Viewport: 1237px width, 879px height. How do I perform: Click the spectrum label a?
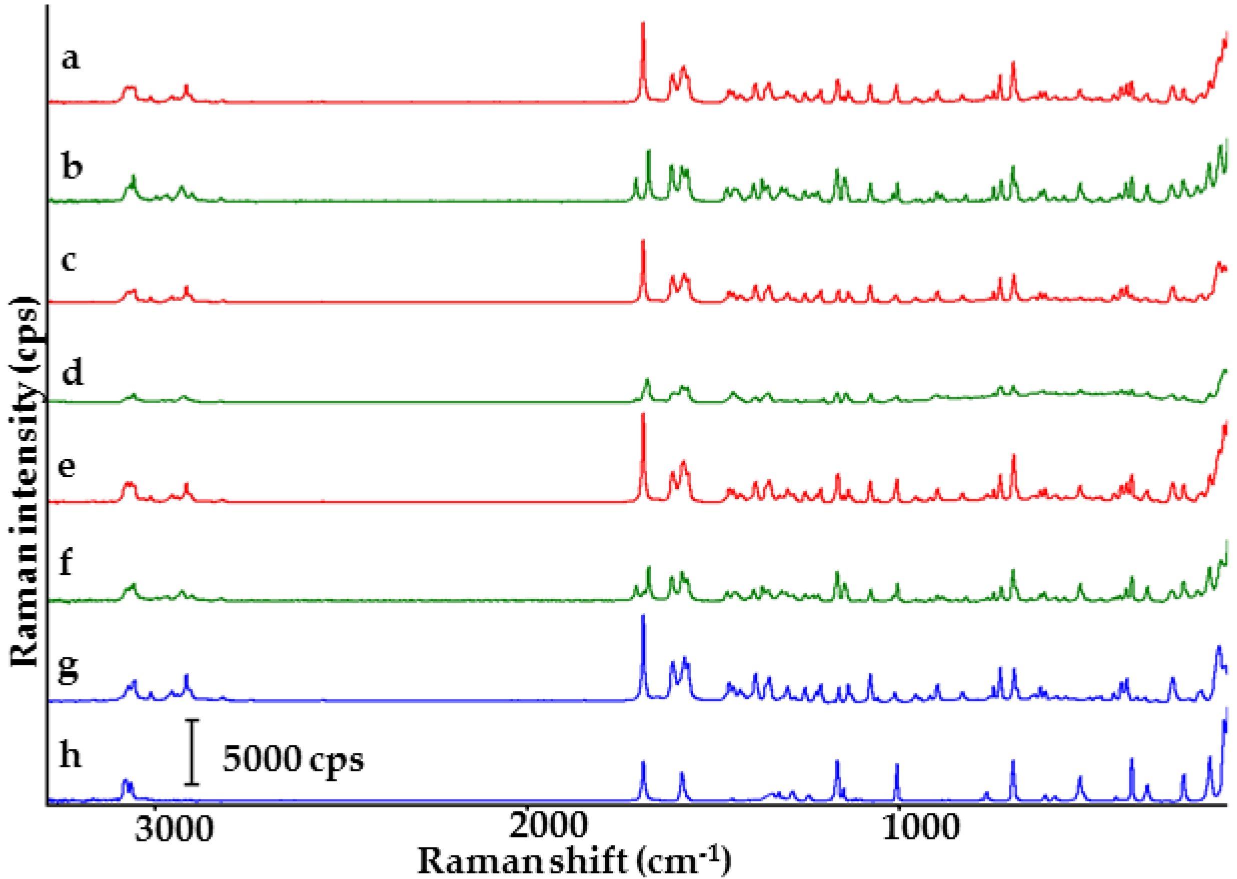[x=71, y=59]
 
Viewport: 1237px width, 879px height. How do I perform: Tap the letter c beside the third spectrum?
[x=69, y=260]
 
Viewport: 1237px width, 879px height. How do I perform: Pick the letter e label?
[x=67, y=467]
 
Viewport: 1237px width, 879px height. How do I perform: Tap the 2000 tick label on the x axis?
[x=548, y=827]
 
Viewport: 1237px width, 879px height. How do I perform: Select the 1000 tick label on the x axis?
[x=920, y=827]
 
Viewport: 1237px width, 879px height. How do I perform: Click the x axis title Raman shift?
[x=574, y=860]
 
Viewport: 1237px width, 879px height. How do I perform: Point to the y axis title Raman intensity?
[x=25, y=482]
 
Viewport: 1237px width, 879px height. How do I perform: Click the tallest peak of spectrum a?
[x=643, y=25]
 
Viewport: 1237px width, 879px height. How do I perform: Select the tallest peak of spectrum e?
[x=643, y=415]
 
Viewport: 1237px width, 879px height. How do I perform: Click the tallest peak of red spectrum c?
[x=643, y=242]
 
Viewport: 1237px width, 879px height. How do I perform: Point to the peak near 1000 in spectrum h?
[x=897, y=765]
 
